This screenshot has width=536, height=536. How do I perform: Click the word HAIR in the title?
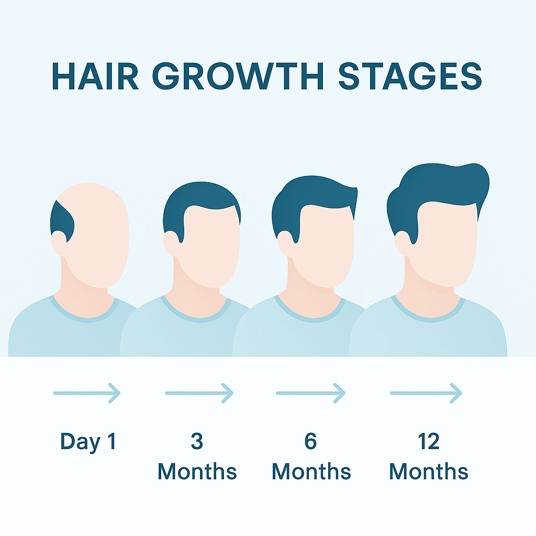[95, 76]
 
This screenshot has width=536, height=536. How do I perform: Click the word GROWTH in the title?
[238, 76]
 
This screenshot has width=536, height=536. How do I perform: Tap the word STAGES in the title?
[410, 76]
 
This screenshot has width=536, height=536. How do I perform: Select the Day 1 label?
[88, 442]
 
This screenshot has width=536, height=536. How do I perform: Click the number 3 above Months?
[197, 441]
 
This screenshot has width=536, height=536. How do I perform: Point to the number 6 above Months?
[311, 441]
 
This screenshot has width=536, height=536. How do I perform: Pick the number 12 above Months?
[429, 441]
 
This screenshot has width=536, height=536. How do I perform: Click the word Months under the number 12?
[429, 472]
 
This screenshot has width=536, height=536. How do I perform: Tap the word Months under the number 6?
[311, 472]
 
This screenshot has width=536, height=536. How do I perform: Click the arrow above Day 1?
[87, 393]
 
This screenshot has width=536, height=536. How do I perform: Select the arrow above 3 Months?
[199, 393]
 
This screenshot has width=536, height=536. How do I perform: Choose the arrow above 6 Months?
[311, 393]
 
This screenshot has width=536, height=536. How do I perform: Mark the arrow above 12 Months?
[426, 393]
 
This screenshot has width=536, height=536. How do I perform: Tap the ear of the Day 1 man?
[59, 243]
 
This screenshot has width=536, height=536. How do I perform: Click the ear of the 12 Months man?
[403, 243]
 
